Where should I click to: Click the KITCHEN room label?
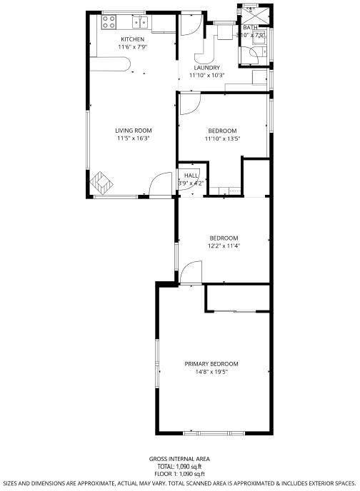[133, 39]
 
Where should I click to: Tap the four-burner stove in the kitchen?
[109, 22]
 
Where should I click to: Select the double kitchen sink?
[140, 22]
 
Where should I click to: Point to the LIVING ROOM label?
[134, 131]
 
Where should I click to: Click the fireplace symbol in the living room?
[101, 182]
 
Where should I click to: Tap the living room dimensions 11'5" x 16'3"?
[134, 138]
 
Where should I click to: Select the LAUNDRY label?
[207, 68]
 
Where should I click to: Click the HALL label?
[191, 176]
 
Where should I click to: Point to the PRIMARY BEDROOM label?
[211, 364]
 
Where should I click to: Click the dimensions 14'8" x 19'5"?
[211, 372]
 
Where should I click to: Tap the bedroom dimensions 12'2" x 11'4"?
[224, 246]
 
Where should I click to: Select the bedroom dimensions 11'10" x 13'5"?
[222, 138]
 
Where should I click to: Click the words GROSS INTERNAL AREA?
[179, 459]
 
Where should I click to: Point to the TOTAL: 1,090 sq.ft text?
[179, 467]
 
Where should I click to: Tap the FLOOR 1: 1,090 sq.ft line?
[179, 474]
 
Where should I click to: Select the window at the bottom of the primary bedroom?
[214, 433]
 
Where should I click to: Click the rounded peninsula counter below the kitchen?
[110, 64]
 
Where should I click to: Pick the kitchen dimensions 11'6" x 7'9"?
[133, 47]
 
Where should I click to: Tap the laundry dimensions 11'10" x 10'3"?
[207, 75]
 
